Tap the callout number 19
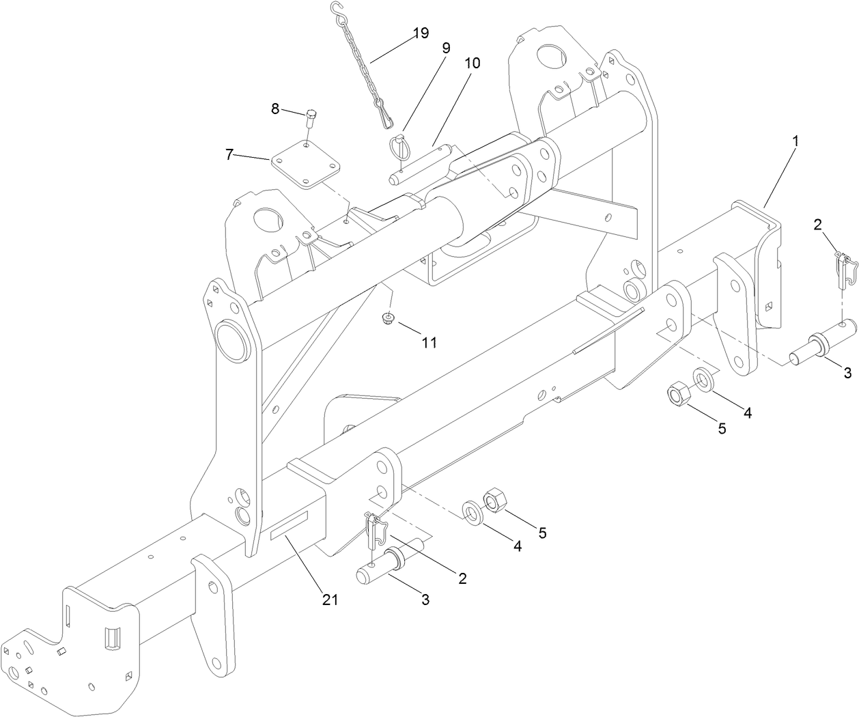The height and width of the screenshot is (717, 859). point(420,33)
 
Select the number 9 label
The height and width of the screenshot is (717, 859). point(446,48)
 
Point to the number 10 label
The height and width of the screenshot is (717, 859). point(472,63)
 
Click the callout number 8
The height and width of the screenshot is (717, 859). point(276,108)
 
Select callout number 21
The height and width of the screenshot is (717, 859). point(330,600)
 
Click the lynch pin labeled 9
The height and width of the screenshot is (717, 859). point(398,149)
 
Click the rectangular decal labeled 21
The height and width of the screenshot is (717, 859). point(290,526)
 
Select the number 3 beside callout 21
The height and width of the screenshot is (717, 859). point(425,600)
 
